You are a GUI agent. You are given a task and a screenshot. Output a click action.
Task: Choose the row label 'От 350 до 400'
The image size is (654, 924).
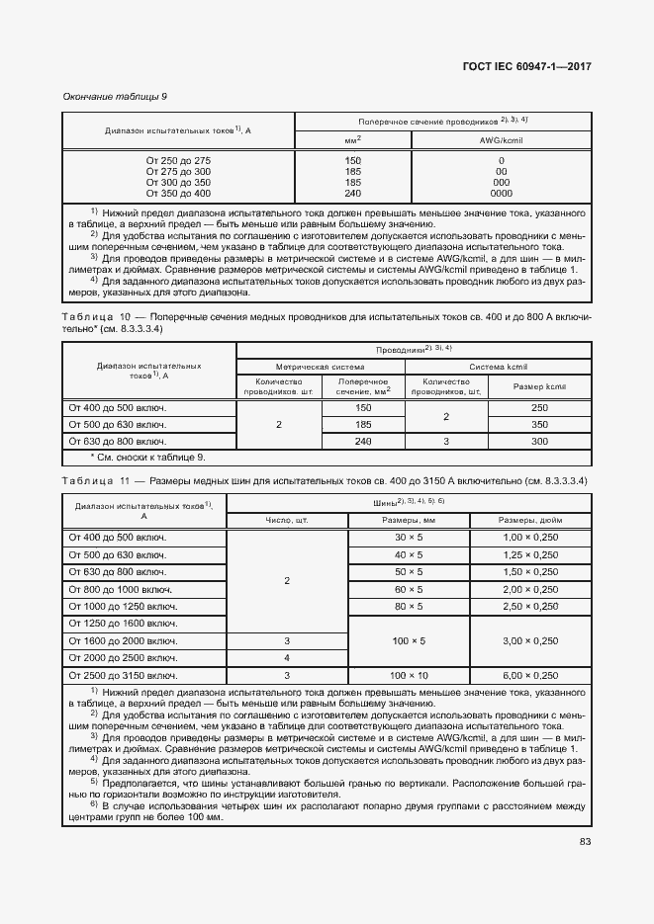click(179, 194)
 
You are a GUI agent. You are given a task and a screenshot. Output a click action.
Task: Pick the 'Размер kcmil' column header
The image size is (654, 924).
click(539, 386)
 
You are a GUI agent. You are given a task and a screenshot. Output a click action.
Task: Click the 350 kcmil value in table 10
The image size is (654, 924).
click(539, 424)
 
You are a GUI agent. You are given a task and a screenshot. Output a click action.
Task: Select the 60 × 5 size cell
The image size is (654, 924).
click(409, 589)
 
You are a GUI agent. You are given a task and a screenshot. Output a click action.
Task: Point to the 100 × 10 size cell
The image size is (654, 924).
click(409, 675)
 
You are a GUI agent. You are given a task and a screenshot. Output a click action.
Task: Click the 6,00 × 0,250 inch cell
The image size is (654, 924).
click(530, 675)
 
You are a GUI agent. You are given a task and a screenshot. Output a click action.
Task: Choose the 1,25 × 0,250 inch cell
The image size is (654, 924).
click(530, 554)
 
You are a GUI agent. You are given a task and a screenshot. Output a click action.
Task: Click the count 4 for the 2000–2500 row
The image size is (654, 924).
click(287, 658)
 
